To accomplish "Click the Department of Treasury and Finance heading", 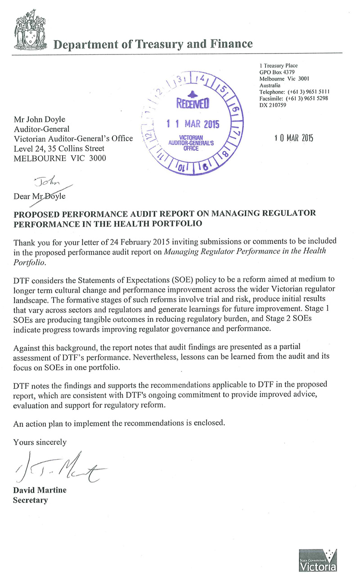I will [153, 44].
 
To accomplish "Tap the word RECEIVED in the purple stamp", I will [192, 105].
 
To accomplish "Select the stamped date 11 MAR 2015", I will [193, 124].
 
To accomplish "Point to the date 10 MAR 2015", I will [293, 138].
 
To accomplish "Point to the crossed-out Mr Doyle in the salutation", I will [54, 196].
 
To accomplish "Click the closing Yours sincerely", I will [40, 442].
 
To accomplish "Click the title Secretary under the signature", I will [31, 500].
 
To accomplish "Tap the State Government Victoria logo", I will [318, 560].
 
